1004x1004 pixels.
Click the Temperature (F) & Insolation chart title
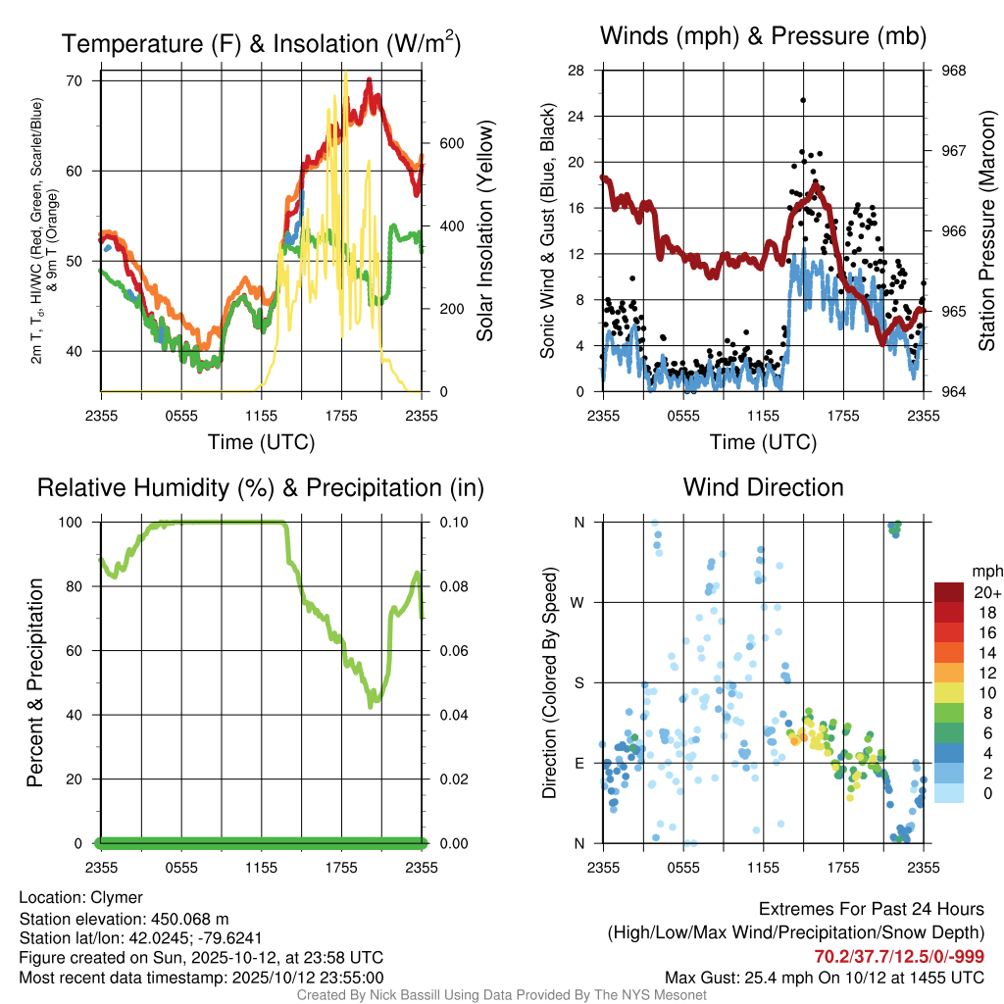pyautogui.click(x=261, y=43)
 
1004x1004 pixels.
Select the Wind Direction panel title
pyautogui.click(x=763, y=487)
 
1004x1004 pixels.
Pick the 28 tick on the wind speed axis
pyautogui.click(x=577, y=71)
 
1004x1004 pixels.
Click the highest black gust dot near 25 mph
pyautogui.click(x=803, y=100)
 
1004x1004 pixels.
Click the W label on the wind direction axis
pyautogui.click(x=578, y=602)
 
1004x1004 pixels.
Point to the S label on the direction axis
pyautogui.click(x=578, y=682)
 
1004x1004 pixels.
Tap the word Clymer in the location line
pyautogui.click(x=117, y=897)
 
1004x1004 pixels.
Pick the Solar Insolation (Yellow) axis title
pyautogui.click(x=484, y=231)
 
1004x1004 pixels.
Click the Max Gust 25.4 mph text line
pyautogui.click(x=825, y=977)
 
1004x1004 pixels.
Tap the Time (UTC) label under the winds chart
pyautogui.click(x=763, y=442)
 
